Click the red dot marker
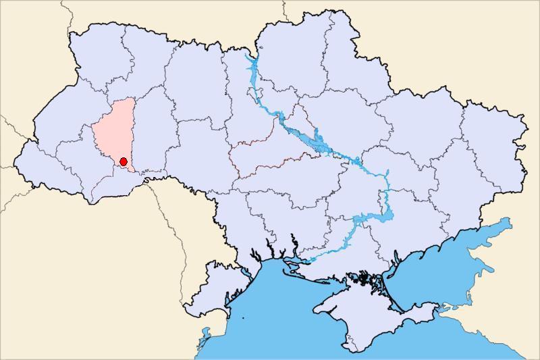pos(124,161)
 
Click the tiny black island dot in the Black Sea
pos(243,318)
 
